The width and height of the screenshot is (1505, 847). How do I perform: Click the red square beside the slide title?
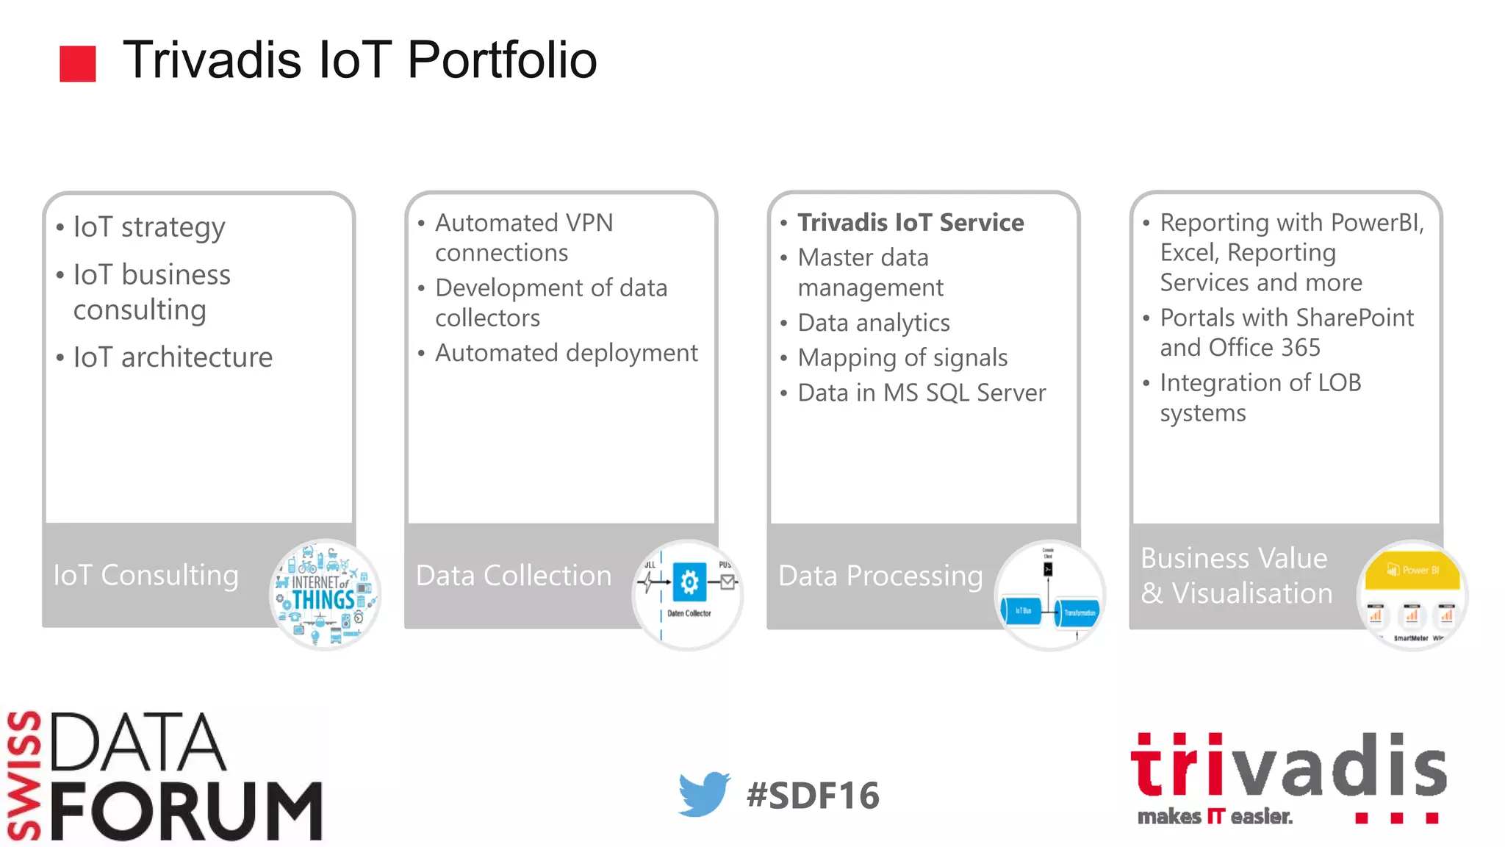(77, 63)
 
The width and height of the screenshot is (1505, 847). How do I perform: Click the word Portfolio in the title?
(502, 60)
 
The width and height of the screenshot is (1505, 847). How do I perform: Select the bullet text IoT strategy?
(149, 227)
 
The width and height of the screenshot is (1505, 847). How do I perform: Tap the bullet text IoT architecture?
(173, 357)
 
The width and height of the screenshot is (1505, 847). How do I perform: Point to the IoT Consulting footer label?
(146, 575)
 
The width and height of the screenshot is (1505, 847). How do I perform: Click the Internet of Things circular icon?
(325, 594)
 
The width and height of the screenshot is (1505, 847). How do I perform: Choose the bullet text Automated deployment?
(566, 353)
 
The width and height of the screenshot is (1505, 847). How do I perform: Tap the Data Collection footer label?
(513, 576)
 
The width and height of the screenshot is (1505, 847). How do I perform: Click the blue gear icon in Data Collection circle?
(689, 582)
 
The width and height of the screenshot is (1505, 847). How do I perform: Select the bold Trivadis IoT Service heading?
(910, 223)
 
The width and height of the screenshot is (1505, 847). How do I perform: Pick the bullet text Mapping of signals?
(902, 358)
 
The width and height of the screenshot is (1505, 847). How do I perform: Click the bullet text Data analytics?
(874, 323)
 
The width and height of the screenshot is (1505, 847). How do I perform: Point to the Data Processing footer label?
(880, 576)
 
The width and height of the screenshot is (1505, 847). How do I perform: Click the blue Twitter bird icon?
(703, 793)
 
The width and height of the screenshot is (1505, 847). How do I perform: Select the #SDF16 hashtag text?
(812, 796)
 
